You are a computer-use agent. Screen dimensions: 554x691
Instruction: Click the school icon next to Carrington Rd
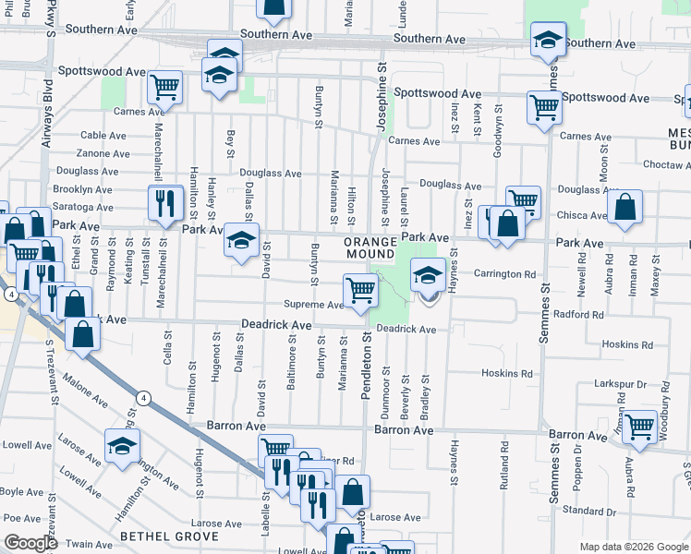click(428, 275)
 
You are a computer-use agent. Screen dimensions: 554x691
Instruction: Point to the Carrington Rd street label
click(504, 274)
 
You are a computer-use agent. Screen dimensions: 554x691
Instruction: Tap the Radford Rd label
click(580, 314)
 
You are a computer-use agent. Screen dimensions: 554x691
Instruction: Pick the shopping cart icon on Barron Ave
click(638, 427)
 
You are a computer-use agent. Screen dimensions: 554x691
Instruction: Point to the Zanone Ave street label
click(103, 153)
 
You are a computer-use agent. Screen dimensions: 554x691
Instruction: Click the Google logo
click(30, 543)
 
